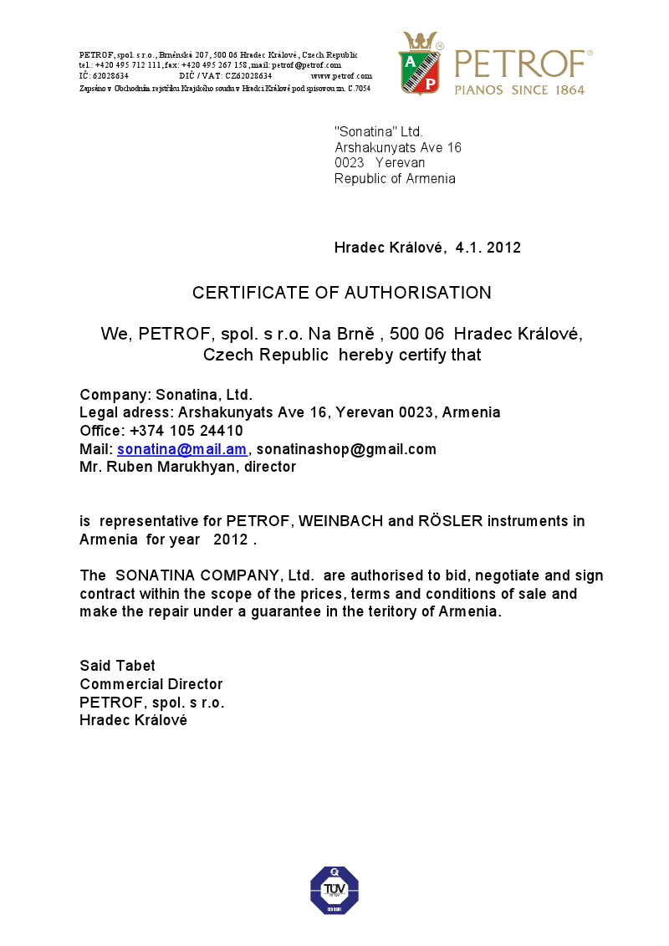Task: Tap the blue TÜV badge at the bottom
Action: (x=334, y=891)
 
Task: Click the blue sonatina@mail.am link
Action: (x=181, y=449)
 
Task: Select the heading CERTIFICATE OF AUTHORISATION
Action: (x=341, y=293)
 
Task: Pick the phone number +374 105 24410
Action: (x=186, y=431)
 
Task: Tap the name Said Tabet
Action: (x=117, y=666)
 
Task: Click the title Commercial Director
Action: (x=151, y=684)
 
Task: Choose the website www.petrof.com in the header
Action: (x=341, y=76)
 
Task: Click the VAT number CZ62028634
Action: (x=248, y=76)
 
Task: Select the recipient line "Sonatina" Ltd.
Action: (x=379, y=132)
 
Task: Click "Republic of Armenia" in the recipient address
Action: (x=395, y=178)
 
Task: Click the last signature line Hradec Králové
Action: (x=133, y=719)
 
